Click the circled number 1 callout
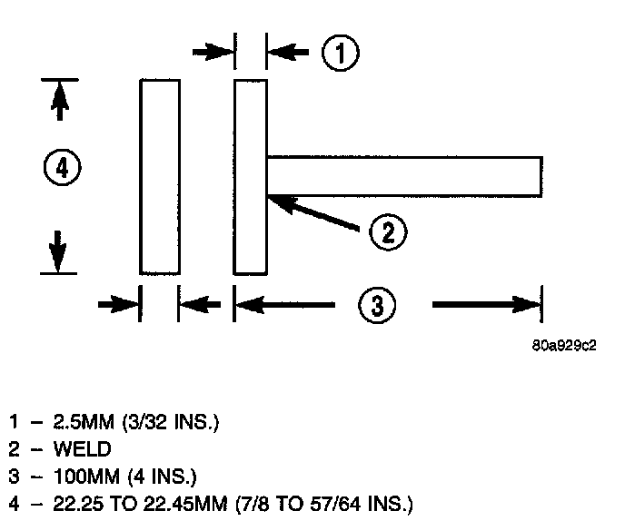[341, 53]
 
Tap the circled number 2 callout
[388, 232]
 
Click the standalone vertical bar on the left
[159, 176]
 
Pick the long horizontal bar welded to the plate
[404, 175]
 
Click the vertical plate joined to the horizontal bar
[251, 176]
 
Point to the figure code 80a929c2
[564, 346]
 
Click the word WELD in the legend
[82, 447]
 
